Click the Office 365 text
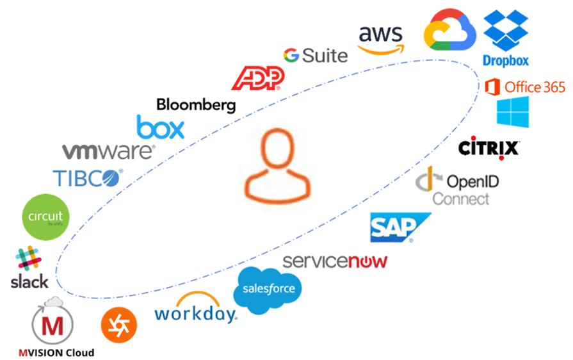535,87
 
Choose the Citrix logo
488,149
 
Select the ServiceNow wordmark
335,261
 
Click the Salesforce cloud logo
268,290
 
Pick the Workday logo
195,307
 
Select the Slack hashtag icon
28,259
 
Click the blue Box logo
161,127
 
